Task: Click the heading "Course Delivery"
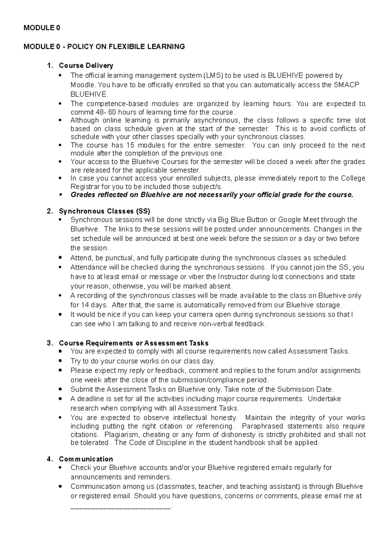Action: [86, 66]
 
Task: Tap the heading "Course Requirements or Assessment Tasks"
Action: [134, 343]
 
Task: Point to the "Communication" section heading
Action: [86, 459]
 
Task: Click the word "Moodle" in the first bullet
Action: [83, 85]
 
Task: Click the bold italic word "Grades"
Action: [81, 195]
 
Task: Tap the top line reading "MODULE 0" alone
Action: [41, 28]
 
